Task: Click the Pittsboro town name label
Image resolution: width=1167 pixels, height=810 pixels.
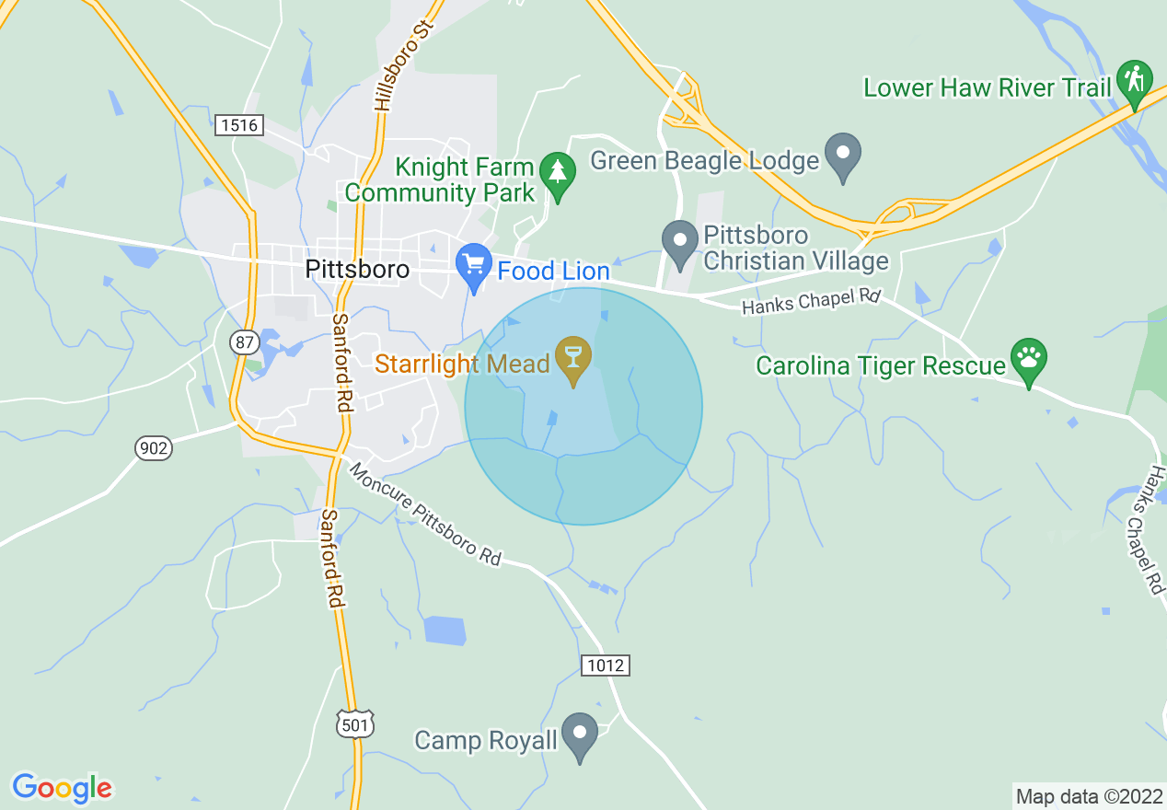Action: (x=357, y=271)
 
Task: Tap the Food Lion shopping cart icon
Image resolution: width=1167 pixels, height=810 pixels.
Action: (x=474, y=265)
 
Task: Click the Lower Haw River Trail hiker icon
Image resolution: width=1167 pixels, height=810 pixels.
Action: (x=1135, y=82)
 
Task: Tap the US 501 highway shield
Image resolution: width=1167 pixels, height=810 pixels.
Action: (x=356, y=724)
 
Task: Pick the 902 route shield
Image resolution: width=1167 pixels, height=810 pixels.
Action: (x=153, y=449)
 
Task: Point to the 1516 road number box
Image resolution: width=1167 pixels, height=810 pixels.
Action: (x=240, y=125)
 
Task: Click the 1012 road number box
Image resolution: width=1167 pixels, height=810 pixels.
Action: (x=606, y=665)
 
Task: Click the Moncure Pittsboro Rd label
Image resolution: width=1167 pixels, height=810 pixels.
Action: (x=425, y=515)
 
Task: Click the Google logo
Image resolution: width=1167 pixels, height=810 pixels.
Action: (x=62, y=788)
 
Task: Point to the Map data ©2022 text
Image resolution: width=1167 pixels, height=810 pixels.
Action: (x=1088, y=796)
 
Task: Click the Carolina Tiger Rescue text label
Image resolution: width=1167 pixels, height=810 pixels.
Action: (x=881, y=366)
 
